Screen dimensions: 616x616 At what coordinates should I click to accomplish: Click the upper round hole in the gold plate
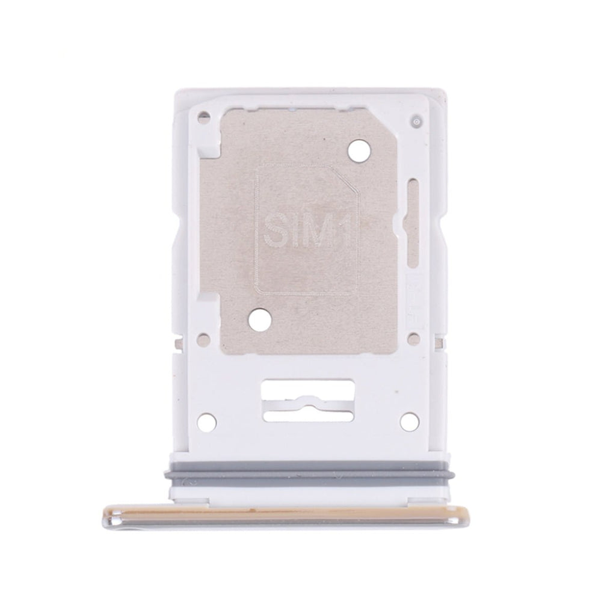point(359,149)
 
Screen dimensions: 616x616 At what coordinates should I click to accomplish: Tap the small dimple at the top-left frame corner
point(203,116)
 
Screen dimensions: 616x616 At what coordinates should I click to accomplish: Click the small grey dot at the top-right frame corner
point(416,122)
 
